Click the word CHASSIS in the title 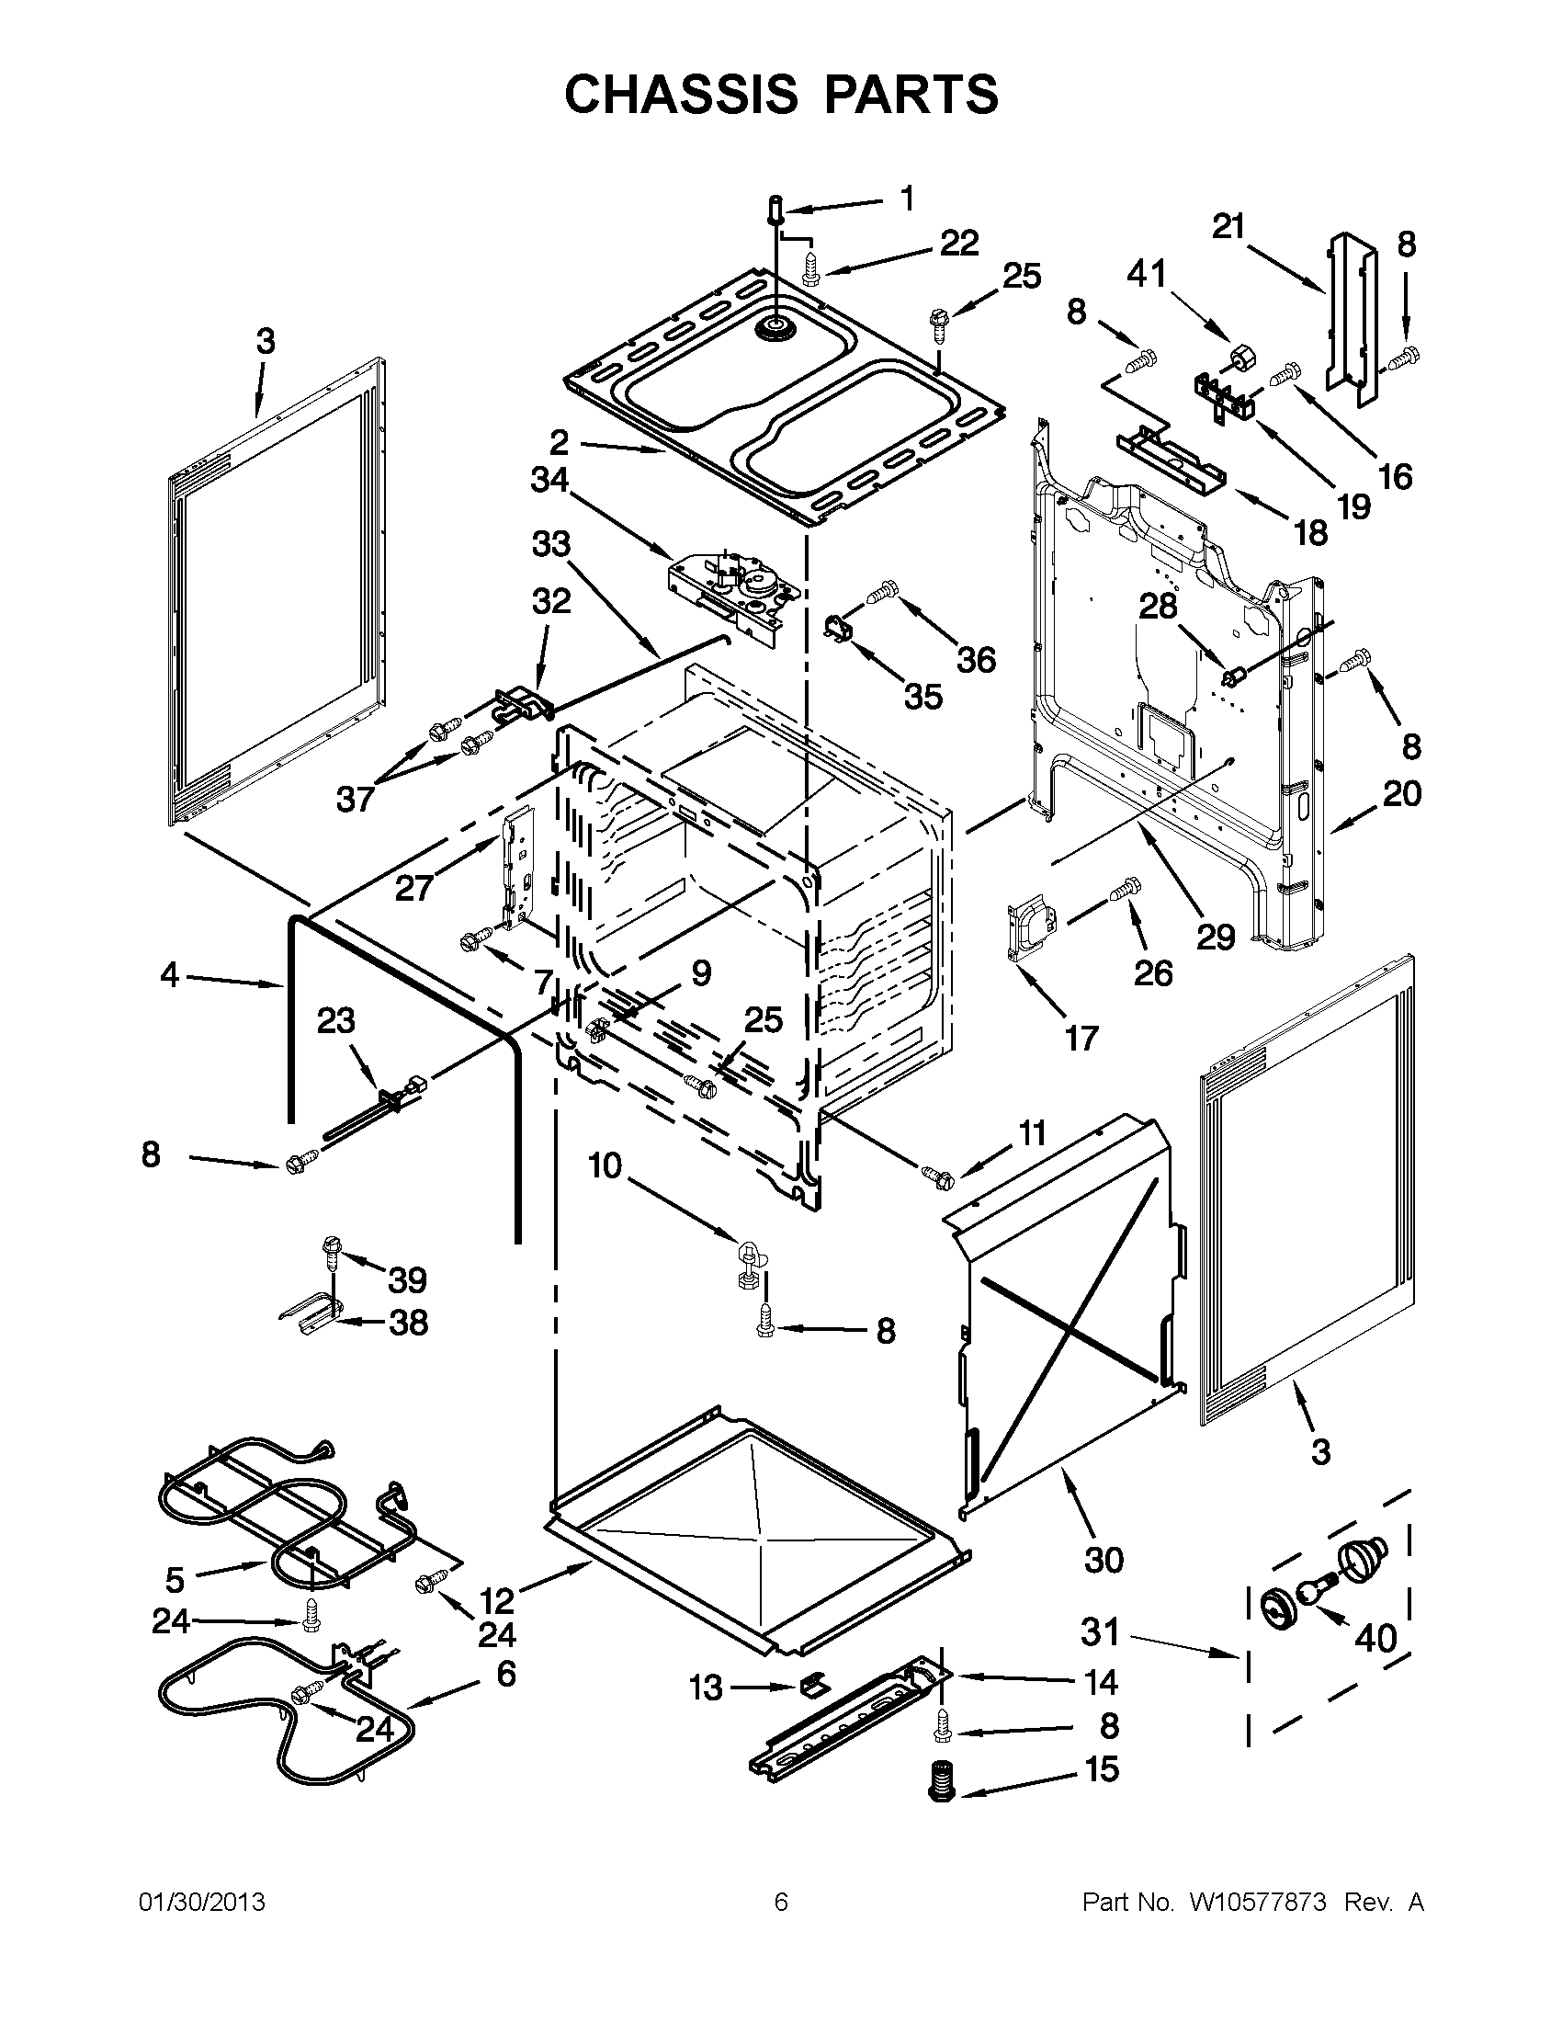pos(681,95)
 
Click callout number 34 pos(549,480)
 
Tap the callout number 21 pos(1228,226)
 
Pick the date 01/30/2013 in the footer pos(202,1903)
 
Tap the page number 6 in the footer pos(780,1903)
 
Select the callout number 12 pos(497,1600)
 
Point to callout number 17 pos(1081,1039)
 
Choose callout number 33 pos(551,544)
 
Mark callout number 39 pos(407,1280)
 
